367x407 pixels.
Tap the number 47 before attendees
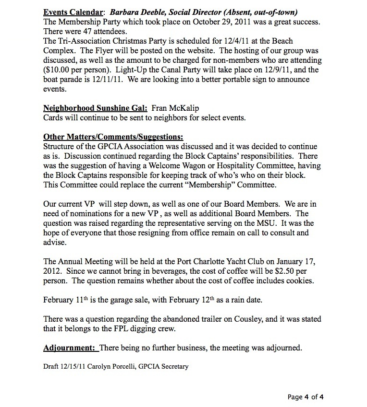pos(78,32)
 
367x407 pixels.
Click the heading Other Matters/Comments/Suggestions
pos(113,137)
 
